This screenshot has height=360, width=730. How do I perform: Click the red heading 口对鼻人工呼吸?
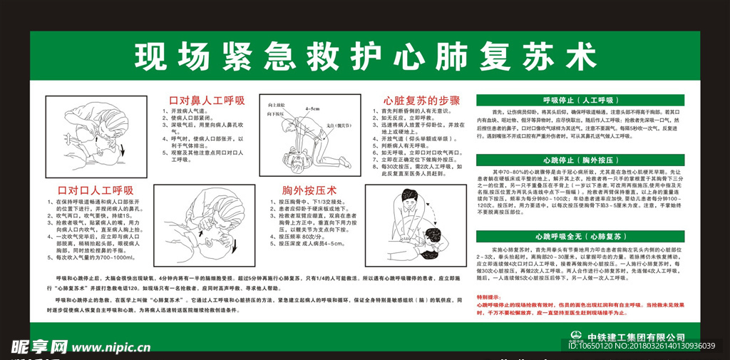pyautogui.click(x=196, y=100)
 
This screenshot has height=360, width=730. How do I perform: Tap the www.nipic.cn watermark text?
pyautogui.click(x=113, y=347)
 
